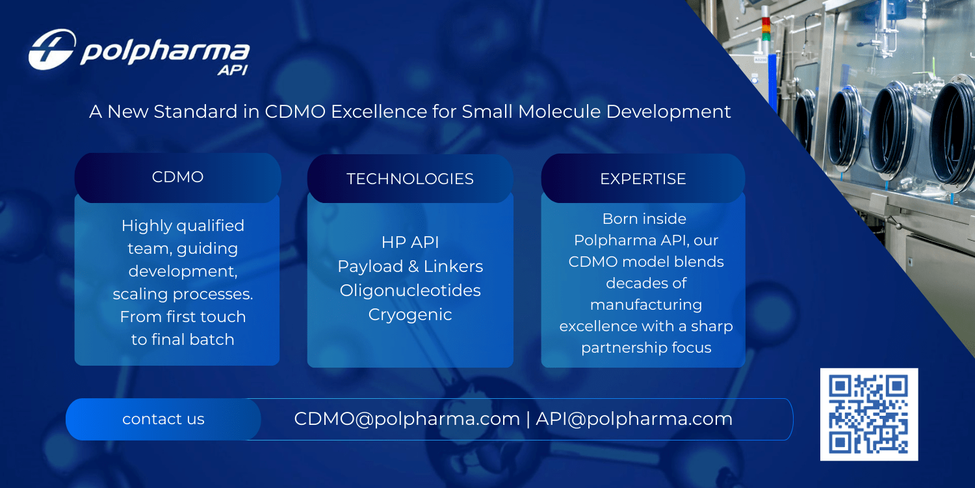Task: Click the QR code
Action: (x=869, y=414)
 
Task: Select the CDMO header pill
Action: (x=177, y=177)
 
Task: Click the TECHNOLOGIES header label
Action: (x=410, y=179)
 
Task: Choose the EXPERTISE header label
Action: (x=643, y=179)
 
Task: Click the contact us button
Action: (x=163, y=419)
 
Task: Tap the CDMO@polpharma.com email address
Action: (x=407, y=418)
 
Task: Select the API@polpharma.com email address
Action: (x=634, y=418)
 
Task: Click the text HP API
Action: (x=410, y=242)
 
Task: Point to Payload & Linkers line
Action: (x=410, y=266)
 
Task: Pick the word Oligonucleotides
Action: (x=410, y=290)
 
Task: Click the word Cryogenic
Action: (x=410, y=314)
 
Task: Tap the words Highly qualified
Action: (x=183, y=226)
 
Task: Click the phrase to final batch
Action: (x=183, y=339)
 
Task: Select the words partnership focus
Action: (x=646, y=347)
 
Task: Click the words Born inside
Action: (x=644, y=219)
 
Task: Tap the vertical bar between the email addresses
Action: (x=528, y=419)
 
